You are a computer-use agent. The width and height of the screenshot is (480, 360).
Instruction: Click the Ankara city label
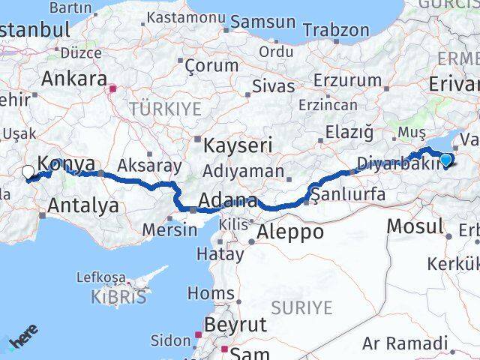tap(73, 78)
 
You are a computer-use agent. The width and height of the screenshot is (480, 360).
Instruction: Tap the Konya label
tap(66, 164)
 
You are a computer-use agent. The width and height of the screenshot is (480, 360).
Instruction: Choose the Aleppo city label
tap(289, 232)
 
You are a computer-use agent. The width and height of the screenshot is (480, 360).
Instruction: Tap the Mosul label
tap(414, 224)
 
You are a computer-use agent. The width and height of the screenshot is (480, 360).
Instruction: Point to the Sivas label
tap(273, 86)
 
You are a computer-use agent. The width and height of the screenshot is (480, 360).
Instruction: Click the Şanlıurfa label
tap(348, 195)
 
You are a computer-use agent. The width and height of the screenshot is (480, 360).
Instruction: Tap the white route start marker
tap(28, 172)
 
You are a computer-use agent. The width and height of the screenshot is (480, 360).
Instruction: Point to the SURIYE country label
tap(301, 307)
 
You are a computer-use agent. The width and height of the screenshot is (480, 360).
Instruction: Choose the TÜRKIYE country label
tap(165, 109)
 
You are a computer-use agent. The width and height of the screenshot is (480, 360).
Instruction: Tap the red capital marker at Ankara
tap(112, 89)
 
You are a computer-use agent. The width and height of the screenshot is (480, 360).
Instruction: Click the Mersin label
tap(169, 229)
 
